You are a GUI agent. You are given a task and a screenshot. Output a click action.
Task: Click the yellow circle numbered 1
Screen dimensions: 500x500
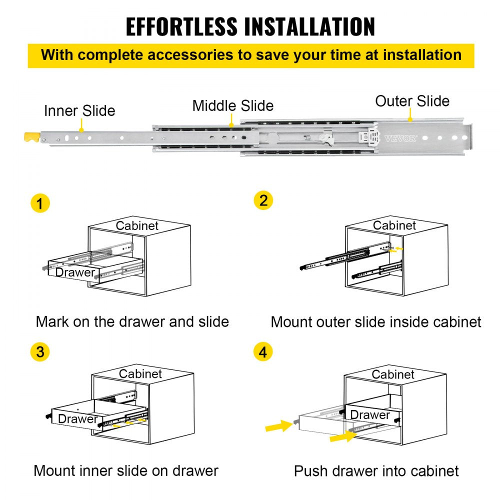pyautogui.click(x=40, y=203)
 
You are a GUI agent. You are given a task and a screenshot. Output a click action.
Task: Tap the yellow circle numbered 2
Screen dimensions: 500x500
pyautogui.click(x=263, y=200)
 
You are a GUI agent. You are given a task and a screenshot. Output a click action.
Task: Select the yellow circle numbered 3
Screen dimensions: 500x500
pyautogui.click(x=40, y=352)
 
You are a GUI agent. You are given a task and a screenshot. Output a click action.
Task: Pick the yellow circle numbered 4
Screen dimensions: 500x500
pyautogui.click(x=263, y=352)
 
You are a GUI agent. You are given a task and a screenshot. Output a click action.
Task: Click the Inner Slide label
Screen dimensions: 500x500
pyautogui.click(x=79, y=110)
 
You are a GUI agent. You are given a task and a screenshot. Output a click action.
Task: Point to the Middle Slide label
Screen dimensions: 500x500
pyautogui.click(x=233, y=105)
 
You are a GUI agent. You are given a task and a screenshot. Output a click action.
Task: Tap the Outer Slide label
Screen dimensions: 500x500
pyautogui.click(x=412, y=101)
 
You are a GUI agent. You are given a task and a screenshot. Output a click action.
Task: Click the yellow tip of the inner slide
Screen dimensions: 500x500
pyautogui.click(x=31, y=136)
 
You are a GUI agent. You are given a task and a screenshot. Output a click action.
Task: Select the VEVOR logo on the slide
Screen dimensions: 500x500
pyautogui.click(x=400, y=138)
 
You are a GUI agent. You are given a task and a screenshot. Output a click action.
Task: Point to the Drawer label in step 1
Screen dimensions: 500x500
pyautogui.click(x=75, y=272)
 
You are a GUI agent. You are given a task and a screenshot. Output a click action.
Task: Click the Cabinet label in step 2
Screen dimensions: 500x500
pyautogui.click(x=394, y=225)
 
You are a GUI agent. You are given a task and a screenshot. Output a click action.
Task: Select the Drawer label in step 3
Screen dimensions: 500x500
pyautogui.click(x=78, y=419)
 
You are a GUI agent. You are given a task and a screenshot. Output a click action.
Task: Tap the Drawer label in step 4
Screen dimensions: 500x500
pyautogui.click(x=370, y=414)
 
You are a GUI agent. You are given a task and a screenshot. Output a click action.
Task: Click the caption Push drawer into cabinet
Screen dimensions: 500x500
pyautogui.click(x=376, y=470)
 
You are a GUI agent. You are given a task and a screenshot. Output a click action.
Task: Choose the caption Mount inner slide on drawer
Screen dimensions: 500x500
pyautogui.click(x=126, y=470)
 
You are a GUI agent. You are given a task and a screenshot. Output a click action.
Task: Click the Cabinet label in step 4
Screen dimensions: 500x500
pyautogui.click(x=393, y=374)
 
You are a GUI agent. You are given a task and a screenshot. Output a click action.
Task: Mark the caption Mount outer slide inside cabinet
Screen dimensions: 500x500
pyautogui.click(x=376, y=321)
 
